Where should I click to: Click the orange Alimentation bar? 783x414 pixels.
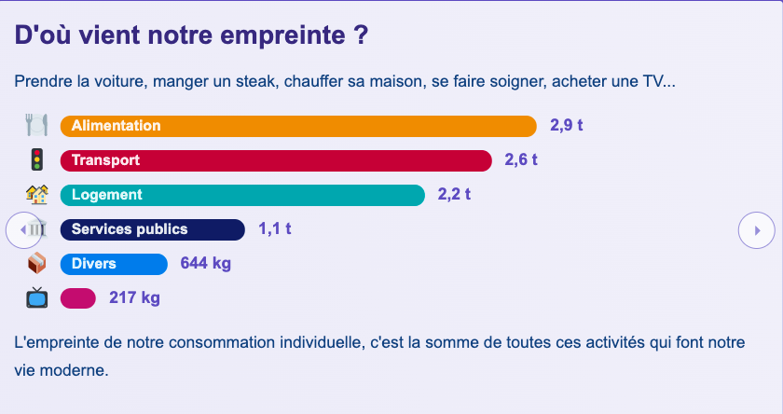298,126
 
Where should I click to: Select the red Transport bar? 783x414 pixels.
276,160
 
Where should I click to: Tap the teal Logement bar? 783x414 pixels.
242,195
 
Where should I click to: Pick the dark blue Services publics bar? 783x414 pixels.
152,229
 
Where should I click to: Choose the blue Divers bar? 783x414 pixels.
114,264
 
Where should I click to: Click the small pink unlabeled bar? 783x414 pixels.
78,298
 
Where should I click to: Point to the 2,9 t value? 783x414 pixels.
567,126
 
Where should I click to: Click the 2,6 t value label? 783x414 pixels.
521,160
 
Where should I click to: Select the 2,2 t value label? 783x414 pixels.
454,195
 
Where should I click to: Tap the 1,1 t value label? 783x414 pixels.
274,229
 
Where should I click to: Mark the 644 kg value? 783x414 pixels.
205,264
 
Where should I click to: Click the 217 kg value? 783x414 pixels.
134,298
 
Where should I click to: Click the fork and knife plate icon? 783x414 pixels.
36,125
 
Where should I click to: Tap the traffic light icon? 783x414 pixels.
36,159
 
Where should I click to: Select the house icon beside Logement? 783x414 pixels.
36,194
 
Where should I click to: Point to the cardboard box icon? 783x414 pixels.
36,264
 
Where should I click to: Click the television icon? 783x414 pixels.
36,298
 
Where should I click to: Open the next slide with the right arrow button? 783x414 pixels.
757,229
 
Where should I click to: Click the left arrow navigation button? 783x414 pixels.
23,229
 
